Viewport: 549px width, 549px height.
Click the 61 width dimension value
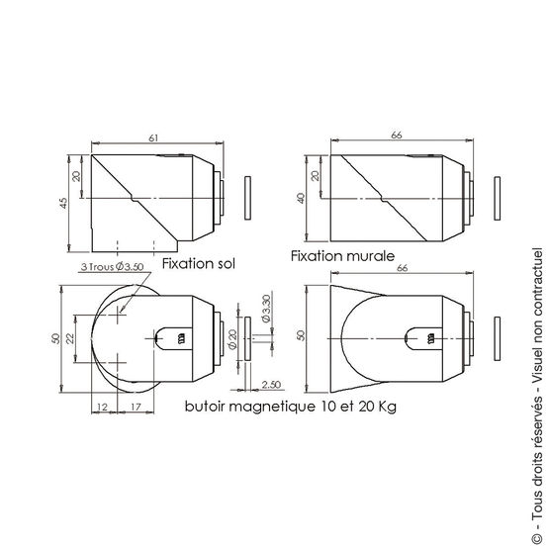pyautogui.click(x=153, y=139)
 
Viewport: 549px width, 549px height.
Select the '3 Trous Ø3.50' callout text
pyautogui.click(x=112, y=267)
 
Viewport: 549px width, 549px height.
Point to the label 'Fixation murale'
pyautogui.click(x=338, y=255)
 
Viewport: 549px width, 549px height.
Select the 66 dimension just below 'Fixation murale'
pyautogui.click(x=403, y=268)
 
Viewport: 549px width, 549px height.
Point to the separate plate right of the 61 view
pyautogui.click(x=248, y=198)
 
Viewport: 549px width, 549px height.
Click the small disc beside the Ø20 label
pyautogui.click(x=243, y=338)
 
